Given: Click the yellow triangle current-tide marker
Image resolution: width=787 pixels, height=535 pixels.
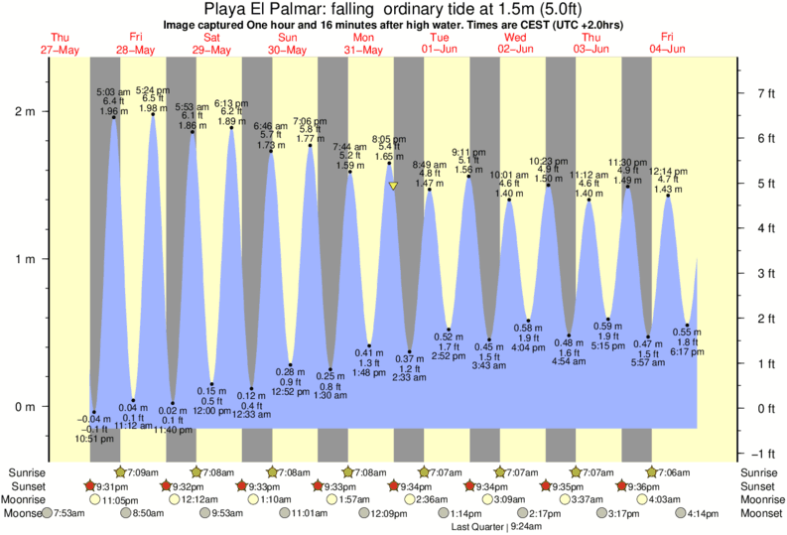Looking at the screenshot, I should [393, 186].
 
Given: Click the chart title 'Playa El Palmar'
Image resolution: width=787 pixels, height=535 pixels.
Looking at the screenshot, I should [394, 8].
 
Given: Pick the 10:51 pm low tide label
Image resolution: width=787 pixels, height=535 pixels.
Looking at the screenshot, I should [92, 438].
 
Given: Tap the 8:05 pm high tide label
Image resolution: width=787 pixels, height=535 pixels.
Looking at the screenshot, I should [389, 139].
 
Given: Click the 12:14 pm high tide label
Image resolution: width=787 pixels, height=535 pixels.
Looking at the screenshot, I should [668, 172].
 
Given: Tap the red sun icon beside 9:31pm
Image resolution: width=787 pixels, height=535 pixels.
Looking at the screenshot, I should [90, 486].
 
